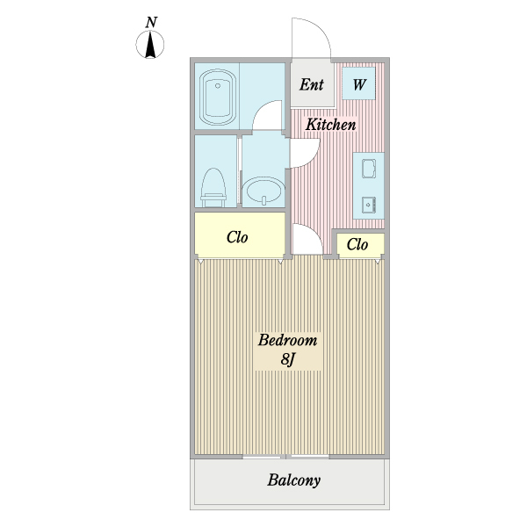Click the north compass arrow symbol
pyautogui.click(x=150, y=45)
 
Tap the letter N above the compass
pyautogui.click(x=151, y=22)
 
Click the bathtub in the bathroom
pyautogui.click(x=218, y=97)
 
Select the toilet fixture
pyautogui.click(x=213, y=188)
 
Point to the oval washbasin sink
pyautogui.click(x=263, y=191)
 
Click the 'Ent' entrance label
pyautogui.click(x=312, y=84)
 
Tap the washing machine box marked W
pyautogui.click(x=358, y=83)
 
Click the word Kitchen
pyautogui.click(x=331, y=125)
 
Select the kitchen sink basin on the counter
pyautogui.click(x=369, y=169)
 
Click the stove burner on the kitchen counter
pyautogui.click(x=369, y=205)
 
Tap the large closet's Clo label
pyautogui.click(x=237, y=237)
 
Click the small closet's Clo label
pyautogui.click(x=357, y=244)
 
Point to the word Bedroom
pyautogui.click(x=287, y=340)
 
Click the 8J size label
pyautogui.click(x=287, y=359)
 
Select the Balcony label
pyautogui.click(x=293, y=480)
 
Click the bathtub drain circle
pyautogui.click(x=218, y=86)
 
